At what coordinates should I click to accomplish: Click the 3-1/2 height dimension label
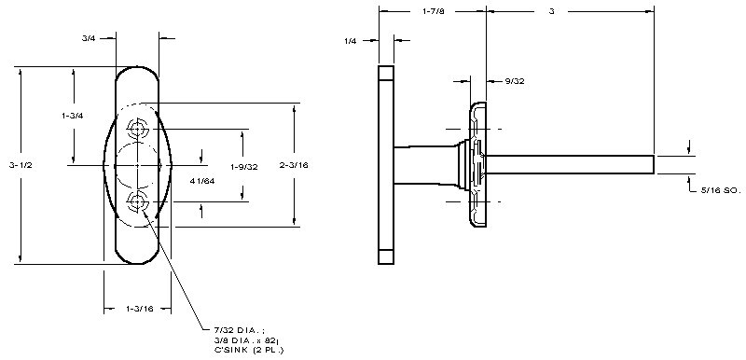[20, 165]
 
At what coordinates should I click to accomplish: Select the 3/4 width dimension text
[89, 38]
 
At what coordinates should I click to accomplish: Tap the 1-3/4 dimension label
[73, 116]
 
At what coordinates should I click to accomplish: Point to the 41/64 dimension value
[202, 181]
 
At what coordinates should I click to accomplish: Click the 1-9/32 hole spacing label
[244, 167]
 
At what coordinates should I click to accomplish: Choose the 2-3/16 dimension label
[294, 165]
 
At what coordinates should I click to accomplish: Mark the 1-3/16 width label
[140, 309]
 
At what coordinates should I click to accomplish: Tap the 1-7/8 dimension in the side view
[434, 11]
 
